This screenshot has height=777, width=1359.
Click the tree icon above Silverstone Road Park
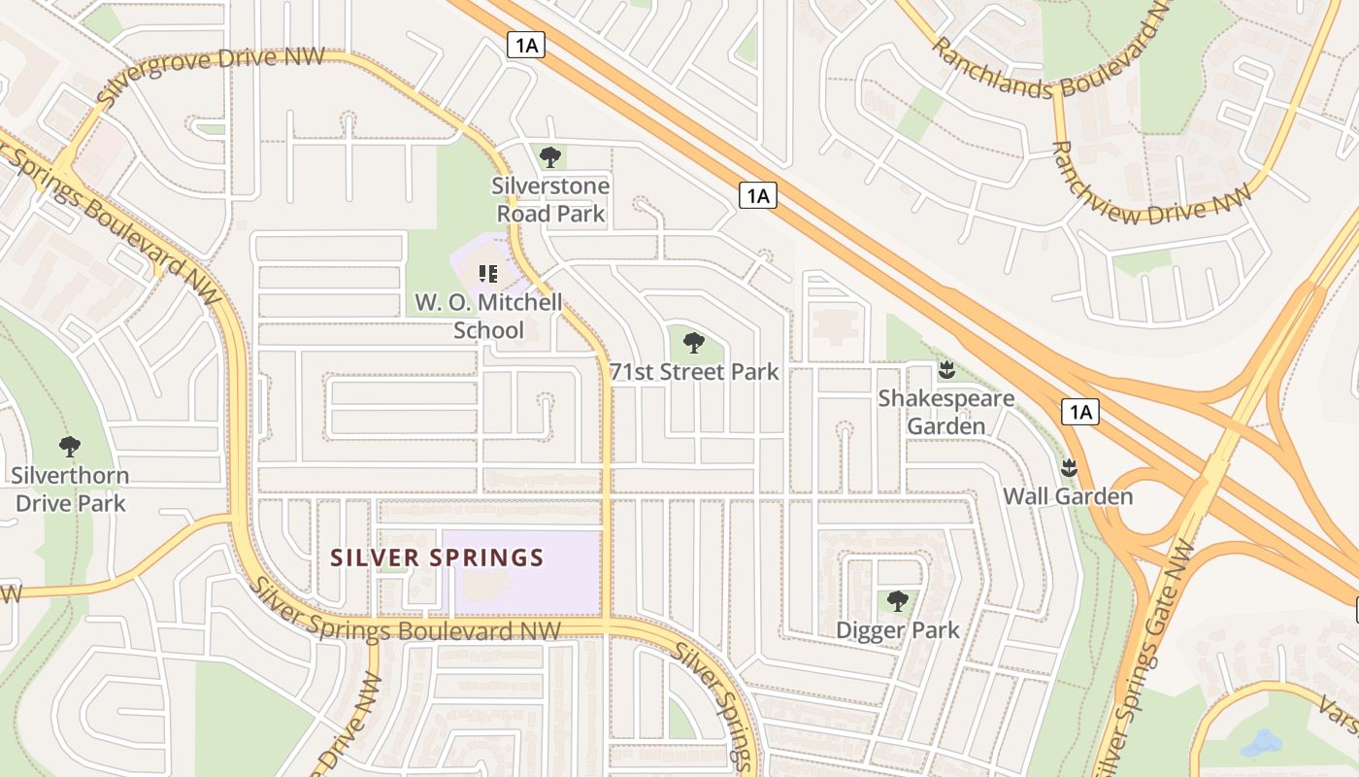550,156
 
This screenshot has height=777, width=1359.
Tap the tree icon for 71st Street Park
693,342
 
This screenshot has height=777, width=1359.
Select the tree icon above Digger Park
898,601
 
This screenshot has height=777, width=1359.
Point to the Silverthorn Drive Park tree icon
69,447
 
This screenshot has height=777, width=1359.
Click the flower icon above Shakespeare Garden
946,369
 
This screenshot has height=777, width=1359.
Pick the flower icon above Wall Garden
1069,467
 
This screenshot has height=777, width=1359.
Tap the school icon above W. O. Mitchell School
488,274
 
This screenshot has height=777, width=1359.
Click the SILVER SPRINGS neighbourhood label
437,557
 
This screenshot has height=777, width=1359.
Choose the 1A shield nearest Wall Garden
1079,412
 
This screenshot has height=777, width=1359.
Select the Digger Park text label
898,630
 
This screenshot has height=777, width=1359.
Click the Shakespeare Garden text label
946,412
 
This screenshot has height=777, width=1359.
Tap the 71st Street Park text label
694,371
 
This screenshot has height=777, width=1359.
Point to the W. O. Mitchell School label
488,317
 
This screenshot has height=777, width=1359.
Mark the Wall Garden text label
1068,496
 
